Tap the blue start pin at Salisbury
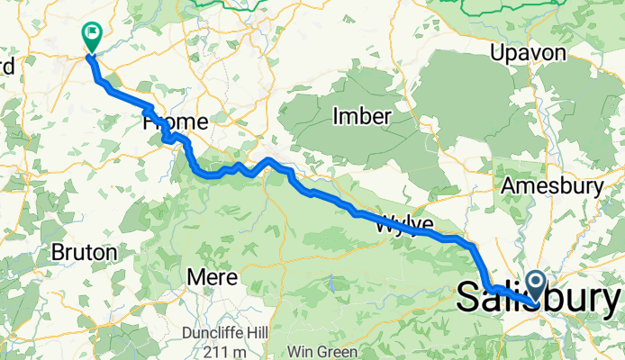coord(538,286)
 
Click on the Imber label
coord(361,116)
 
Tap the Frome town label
coord(176,121)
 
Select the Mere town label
coord(213,276)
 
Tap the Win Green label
coord(322,351)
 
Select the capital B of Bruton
coord(59,253)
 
